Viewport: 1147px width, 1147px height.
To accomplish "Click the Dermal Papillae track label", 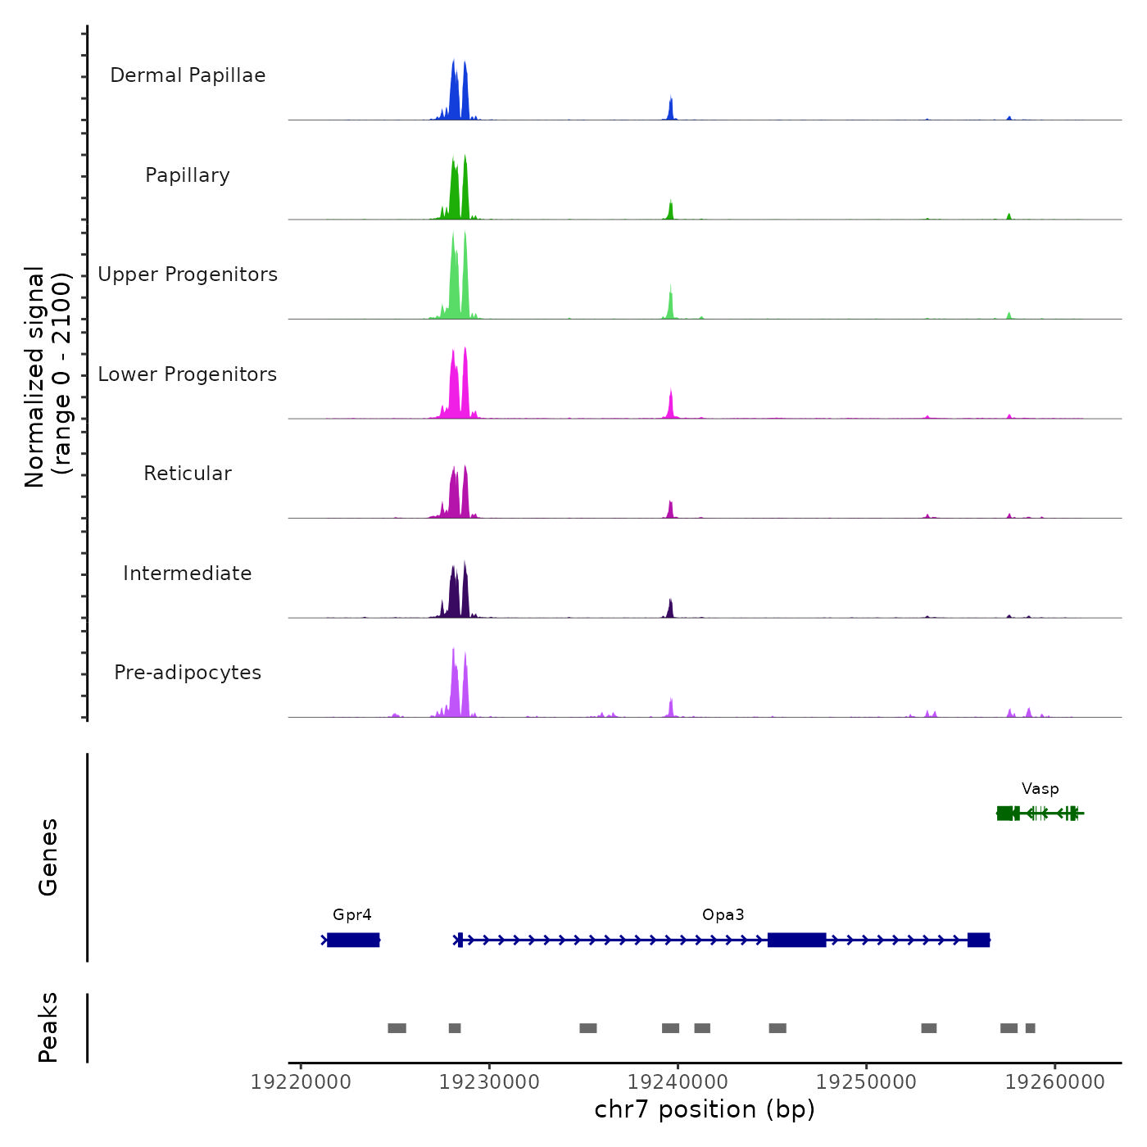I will tap(188, 75).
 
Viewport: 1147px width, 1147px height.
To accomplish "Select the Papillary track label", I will tap(188, 175).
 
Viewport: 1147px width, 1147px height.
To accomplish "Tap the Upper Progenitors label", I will tap(188, 274).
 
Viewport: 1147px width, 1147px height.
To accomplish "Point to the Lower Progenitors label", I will tap(188, 374).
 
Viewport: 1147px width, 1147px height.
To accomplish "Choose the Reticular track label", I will tap(188, 474).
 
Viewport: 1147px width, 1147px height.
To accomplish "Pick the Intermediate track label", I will tap(188, 573).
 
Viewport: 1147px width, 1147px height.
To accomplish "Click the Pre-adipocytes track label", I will tap(188, 673).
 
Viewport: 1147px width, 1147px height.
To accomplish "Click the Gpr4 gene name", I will tap(352, 915).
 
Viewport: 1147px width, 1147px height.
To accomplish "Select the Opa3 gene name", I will tap(723, 915).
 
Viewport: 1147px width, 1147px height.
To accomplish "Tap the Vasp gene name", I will tap(1040, 789).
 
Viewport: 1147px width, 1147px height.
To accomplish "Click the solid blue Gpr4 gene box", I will tap(353, 940).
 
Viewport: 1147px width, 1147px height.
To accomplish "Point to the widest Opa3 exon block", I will tap(796, 940).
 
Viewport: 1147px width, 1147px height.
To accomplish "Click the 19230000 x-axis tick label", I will tap(490, 1082).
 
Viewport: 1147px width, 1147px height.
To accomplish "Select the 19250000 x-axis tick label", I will tap(867, 1082).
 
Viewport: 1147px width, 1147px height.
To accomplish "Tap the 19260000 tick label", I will tap(1055, 1082).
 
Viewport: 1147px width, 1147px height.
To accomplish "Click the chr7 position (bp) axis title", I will tap(705, 1109).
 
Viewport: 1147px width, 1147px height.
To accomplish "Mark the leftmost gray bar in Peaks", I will tap(397, 1028).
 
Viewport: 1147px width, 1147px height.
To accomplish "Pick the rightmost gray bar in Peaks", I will tap(1031, 1028).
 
